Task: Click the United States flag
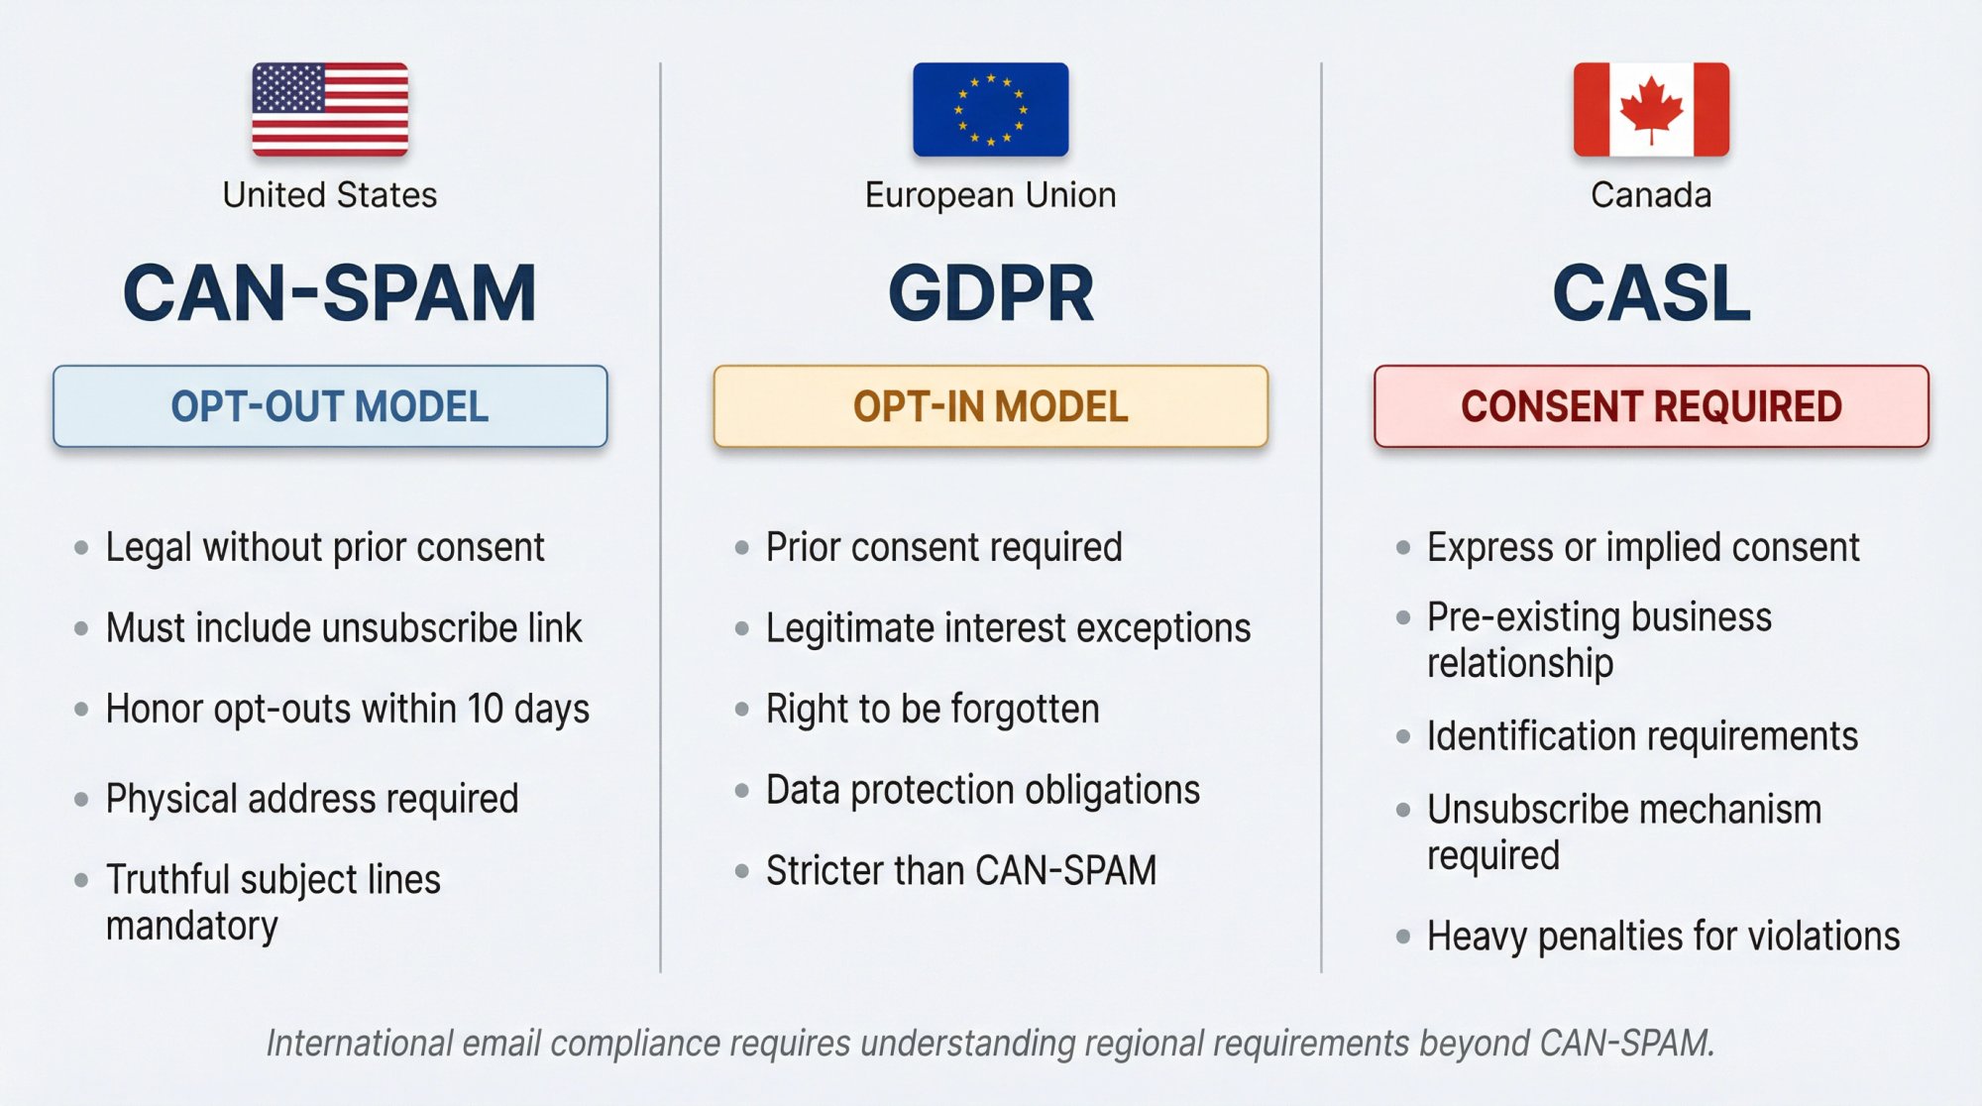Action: (330, 109)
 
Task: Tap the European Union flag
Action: (990, 109)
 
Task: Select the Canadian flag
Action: (1651, 109)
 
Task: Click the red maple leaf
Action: (1651, 110)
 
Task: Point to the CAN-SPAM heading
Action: (330, 293)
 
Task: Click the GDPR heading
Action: (990, 293)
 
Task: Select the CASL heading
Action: (1651, 293)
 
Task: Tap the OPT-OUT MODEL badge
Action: (330, 406)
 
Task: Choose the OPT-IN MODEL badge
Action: (990, 406)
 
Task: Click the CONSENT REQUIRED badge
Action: (1651, 406)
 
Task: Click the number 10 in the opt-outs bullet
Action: (486, 710)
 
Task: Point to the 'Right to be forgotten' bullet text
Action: (933, 710)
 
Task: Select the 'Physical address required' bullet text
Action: (312, 799)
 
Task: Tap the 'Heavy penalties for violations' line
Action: (1663, 937)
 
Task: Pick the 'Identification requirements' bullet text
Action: (1642, 736)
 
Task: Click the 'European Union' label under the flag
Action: (990, 195)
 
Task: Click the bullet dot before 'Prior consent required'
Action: (741, 547)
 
